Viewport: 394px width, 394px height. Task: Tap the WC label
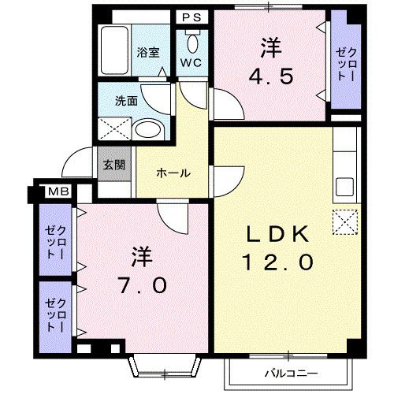pos(191,61)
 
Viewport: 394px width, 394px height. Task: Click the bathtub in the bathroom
pos(114,52)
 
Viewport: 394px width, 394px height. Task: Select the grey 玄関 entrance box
pos(110,165)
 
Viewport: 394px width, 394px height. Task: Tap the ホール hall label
pos(172,173)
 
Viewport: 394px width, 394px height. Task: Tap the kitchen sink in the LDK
pos(344,187)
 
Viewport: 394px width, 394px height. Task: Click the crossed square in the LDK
pos(344,223)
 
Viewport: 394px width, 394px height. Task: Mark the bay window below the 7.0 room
pos(163,363)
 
